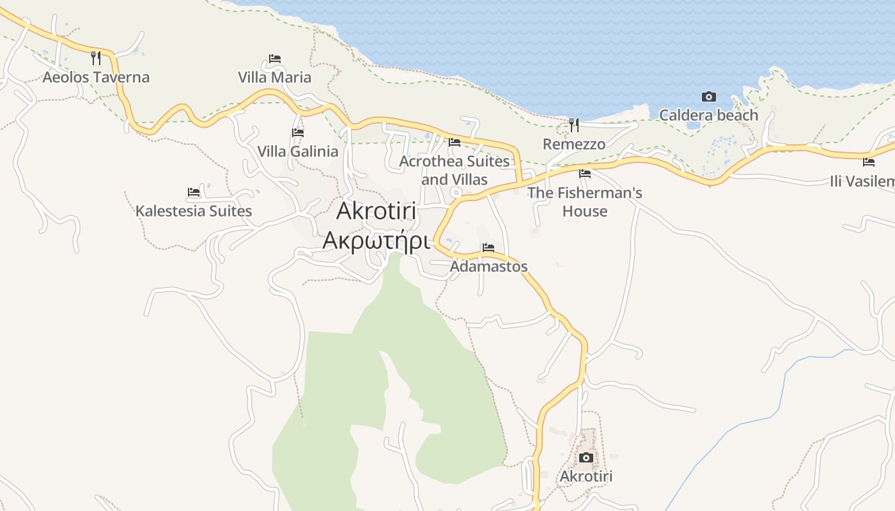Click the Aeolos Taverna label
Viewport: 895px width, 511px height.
tap(96, 77)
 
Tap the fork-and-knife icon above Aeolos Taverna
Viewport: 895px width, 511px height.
tap(96, 58)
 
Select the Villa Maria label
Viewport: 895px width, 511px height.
tap(275, 77)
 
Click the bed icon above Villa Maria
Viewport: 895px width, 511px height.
tap(275, 59)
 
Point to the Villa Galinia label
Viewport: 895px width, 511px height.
tap(298, 151)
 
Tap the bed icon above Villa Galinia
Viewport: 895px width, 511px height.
tap(298, 133)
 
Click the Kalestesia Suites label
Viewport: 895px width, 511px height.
tap(194, 211)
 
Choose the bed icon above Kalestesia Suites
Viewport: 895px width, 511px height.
tap(194, 192)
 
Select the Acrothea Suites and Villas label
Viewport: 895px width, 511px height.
tap(455, 170)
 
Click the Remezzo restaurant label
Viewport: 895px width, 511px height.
tap(574, 144)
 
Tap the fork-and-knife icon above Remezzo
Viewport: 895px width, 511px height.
tap(574, 125)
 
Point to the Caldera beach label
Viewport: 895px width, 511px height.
tap(708, 116)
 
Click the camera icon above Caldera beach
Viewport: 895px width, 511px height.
tap(708, 97)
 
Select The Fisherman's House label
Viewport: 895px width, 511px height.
tap(585, 201)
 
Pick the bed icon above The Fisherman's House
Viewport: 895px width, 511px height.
tap(585, 174)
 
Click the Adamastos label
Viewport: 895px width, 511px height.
tap(489, 266)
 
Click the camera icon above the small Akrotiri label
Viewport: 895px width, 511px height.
tap(586, 457)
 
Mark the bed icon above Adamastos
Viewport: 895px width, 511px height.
tap(488, 248)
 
